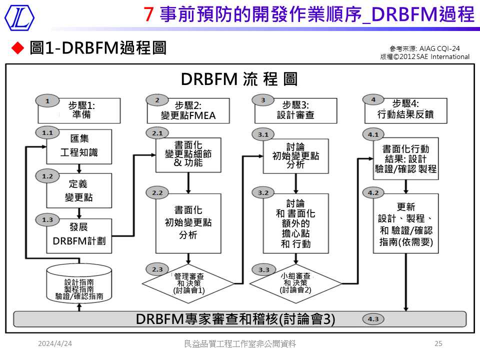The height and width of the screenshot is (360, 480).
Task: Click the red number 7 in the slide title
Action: pos(148,15)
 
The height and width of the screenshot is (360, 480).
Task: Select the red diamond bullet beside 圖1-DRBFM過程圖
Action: pos(17,48)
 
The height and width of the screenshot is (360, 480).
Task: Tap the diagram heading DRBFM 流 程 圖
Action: pos(239,79)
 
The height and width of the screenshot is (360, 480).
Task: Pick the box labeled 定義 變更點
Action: pos(79,191)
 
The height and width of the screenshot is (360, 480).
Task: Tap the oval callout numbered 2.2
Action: pos(157,193)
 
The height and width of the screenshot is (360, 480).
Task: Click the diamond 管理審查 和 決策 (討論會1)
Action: pos(188,282)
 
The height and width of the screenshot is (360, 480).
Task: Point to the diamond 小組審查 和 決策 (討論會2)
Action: pos(295,282)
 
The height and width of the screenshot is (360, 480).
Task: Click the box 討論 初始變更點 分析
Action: pos(295,155)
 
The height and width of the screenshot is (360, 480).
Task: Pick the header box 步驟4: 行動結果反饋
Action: pos(405,110)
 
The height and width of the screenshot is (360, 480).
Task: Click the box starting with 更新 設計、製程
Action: pos(405,223)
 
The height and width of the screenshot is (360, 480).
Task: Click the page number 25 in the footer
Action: pos(438,343)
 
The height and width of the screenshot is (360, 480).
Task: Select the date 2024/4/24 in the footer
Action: pos(55,343)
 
